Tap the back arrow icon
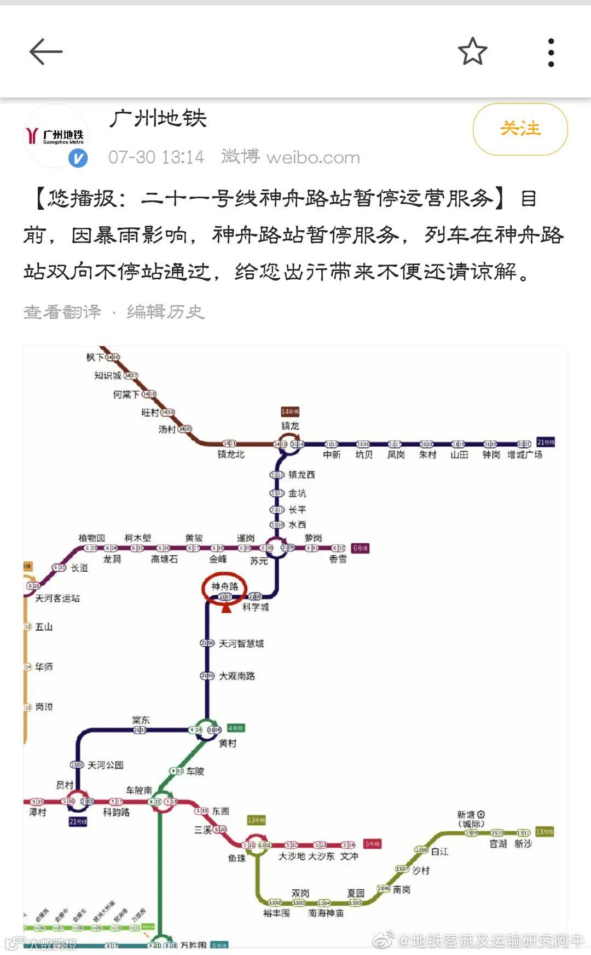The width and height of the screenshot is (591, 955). pos(46,53)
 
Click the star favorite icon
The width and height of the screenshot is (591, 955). pos(472,52)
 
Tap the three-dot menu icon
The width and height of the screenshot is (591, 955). pos(551,53)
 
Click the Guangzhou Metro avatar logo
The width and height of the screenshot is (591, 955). pos(56,135)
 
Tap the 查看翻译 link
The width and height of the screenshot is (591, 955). pos(62,312)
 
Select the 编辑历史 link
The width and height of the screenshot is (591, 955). pos(165,312)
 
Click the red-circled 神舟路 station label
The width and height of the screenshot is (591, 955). pos(225,586)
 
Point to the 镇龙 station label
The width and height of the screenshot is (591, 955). pos(290,426)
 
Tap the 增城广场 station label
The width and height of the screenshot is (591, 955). pos(525,455)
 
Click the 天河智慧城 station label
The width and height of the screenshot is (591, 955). pos(241,643)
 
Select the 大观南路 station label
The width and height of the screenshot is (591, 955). pos(237,676)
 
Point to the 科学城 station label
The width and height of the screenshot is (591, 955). pos(256,607)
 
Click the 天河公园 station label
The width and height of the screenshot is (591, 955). pos(106,765)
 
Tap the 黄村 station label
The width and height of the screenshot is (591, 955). pos(228,744)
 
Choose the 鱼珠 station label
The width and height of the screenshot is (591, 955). pos(237,858)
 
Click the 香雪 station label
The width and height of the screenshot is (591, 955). pos(338,559)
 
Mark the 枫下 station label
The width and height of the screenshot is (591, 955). pos(95,358)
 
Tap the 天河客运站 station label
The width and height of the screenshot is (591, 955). pos(57,599)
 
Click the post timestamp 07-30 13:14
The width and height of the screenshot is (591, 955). pos(156,158)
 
